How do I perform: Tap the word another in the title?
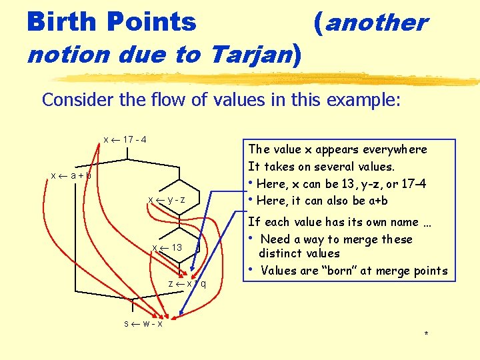click(x=376, y=23)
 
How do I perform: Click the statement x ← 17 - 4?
click(x=125, y=140)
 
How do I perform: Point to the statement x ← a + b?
click(x=71, y=175)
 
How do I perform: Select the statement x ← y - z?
click(x=166, y=200)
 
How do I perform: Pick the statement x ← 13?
click(x=167, y=247)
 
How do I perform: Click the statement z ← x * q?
click(x=187, y=283)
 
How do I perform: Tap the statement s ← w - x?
click(x=143, y=323)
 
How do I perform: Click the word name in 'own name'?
click(x=390, y=222)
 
